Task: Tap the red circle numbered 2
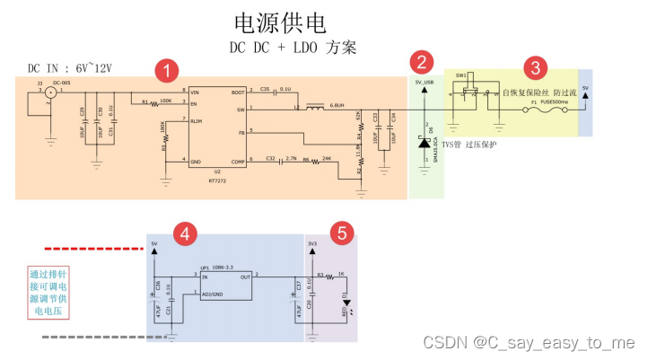pos(419,63)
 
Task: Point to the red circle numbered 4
pos(185,234)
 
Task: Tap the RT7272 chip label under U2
pos(218,180)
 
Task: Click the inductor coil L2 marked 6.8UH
pos(315,110)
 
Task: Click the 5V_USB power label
pos(425,83)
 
